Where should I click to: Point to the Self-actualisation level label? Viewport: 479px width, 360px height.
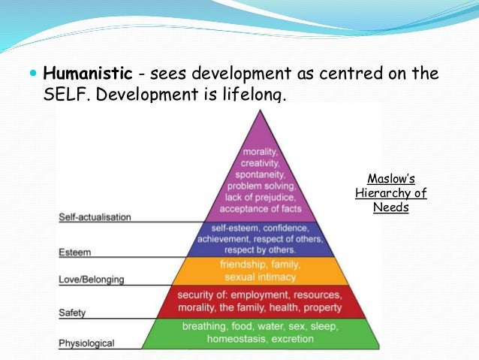coord(95,217)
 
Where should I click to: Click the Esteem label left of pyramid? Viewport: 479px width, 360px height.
coord(74,253)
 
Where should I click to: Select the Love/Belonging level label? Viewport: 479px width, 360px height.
coord(92,280)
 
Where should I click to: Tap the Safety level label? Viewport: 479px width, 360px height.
coord(73,311)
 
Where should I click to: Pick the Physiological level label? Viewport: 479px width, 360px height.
coord(87,343)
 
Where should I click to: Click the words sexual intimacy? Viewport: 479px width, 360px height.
coord(261,276)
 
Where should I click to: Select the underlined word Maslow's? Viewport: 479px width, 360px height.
coord(390,180)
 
